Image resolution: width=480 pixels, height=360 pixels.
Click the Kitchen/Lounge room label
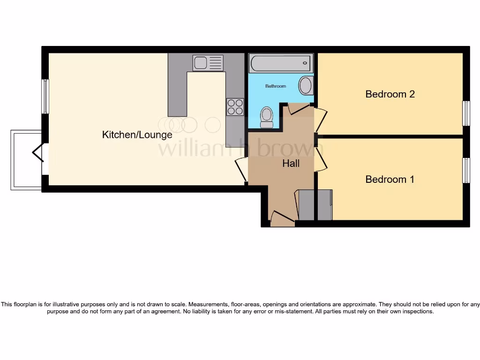coord(137,135)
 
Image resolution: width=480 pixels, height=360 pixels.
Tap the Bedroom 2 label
coord(390,94)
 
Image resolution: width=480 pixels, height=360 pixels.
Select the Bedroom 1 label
coord(390,180)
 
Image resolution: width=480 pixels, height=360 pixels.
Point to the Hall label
coord(291,164)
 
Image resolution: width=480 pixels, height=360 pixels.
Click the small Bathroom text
coord(276,86)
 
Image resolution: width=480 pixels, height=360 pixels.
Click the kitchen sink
coord(208,63)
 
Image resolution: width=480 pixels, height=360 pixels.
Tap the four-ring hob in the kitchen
coord(235,107)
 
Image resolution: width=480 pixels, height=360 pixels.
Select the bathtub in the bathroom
coord(281,63)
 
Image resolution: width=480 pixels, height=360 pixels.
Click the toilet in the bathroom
coord(267,117)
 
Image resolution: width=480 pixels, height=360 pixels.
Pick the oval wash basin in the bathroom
coord(306,86)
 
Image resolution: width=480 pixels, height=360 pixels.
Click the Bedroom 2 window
coord(466,113)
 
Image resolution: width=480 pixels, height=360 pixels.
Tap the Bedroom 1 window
coord(466,170)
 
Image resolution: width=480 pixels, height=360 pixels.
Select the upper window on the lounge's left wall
coord(45,97)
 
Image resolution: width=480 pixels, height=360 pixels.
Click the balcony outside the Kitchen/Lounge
coord(26,160)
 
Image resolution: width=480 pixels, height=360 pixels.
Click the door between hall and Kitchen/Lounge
coord(241,169)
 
